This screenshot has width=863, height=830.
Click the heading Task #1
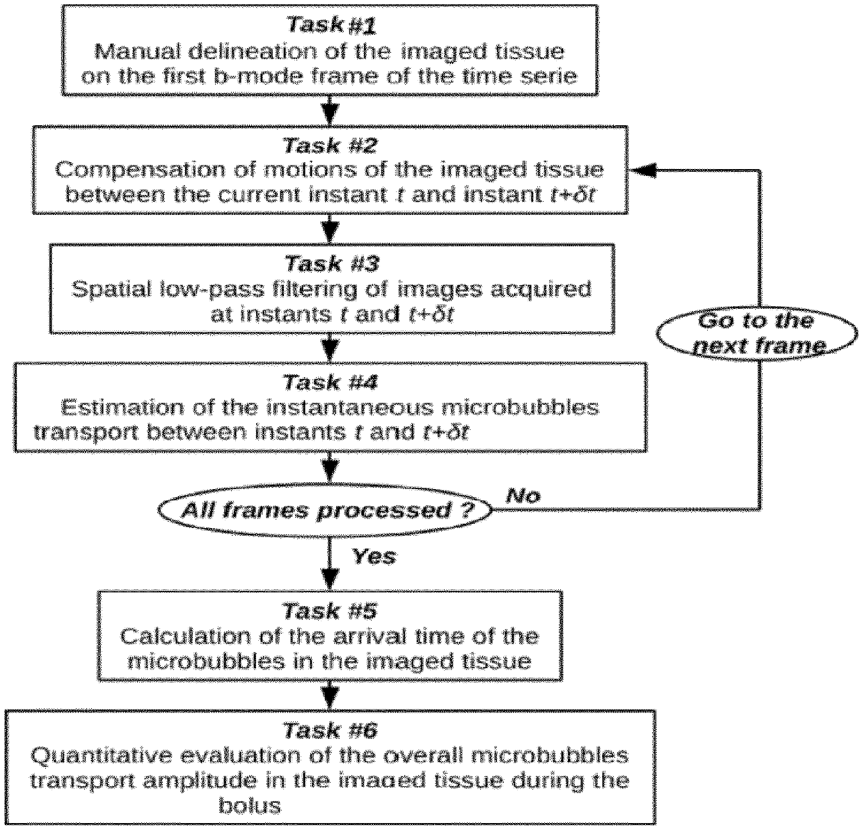coord(331,25)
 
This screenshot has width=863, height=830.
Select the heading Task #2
coord(330,145)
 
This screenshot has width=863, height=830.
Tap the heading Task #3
coord(332,264)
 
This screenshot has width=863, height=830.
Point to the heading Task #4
coord(330,382)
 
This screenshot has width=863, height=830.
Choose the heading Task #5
coord(330,611)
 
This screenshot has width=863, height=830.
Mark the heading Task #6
coord(330,730)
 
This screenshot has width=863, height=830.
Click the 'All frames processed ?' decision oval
coord(326,510)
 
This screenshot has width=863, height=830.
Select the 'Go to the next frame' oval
coord(757,333)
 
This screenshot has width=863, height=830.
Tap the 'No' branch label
coord(523,495)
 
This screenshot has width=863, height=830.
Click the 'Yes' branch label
coord(374,556)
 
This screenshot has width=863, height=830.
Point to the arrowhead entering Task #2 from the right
coord(643,170)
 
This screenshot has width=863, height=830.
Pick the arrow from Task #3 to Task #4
coord(329,348)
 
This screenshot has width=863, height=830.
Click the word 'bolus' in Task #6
coord(250,805)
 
